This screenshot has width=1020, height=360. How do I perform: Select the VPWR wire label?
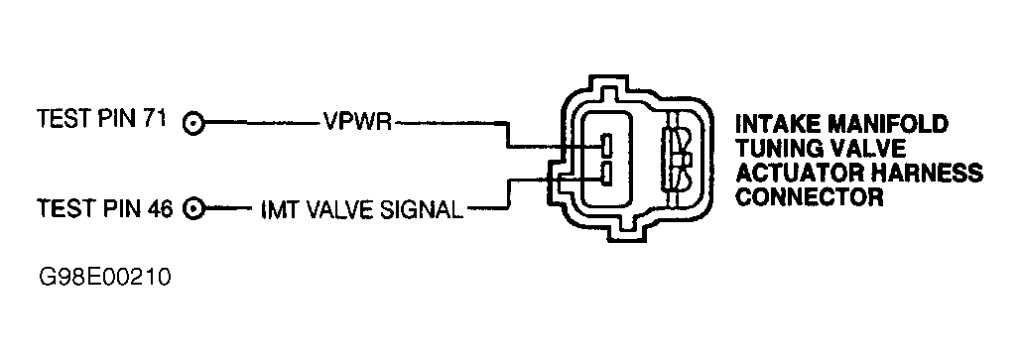point(358,123)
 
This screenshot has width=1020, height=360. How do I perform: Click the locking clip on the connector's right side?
point(683,161)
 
